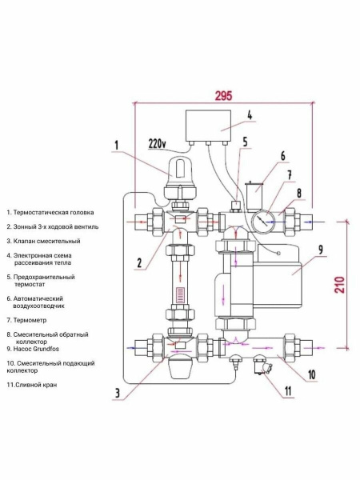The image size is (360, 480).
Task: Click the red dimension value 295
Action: [223, 94]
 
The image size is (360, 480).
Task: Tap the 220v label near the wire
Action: [158, 144]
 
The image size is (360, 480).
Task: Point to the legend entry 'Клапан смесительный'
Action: [44, 241]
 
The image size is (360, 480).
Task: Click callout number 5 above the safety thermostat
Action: [245, 142]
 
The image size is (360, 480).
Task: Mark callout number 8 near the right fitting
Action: [299, 193]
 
